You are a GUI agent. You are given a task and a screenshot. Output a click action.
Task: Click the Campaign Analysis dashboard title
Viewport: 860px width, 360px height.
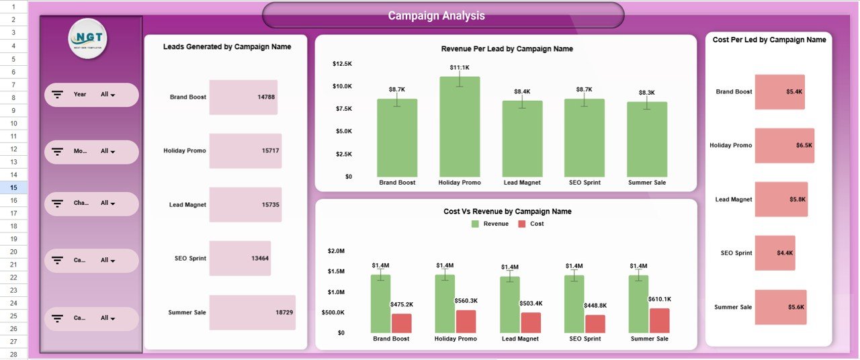436,15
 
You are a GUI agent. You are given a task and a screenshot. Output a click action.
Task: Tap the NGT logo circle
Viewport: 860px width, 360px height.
88,38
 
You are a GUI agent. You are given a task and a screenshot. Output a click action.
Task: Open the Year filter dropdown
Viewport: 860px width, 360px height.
107,95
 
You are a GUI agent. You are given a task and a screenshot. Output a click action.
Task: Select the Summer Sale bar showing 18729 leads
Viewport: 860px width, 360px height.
252,312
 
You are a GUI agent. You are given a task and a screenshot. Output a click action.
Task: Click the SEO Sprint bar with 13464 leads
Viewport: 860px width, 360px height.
240,259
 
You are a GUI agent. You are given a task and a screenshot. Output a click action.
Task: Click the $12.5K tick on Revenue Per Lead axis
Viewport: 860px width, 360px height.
342,64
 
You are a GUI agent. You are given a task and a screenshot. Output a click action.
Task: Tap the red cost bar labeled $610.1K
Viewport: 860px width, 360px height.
660,321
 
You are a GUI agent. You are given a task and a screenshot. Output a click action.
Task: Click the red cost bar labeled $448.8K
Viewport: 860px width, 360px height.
595,324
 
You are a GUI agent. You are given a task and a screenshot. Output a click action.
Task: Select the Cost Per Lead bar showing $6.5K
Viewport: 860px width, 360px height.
784,146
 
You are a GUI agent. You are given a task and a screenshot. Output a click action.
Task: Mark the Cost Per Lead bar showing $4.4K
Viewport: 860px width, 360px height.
775,253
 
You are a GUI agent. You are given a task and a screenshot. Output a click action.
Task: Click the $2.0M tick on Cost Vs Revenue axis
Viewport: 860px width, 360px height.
336,251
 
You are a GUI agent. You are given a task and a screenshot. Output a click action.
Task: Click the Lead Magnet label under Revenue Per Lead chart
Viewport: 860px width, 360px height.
522,183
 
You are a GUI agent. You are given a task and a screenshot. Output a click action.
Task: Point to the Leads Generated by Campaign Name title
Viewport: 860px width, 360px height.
227,47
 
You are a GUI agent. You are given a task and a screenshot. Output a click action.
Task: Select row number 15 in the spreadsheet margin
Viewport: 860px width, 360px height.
13,188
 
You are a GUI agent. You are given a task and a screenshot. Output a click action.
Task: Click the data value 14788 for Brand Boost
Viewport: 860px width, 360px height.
265,97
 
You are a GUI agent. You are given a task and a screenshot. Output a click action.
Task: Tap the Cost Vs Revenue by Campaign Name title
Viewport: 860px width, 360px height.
507,212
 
